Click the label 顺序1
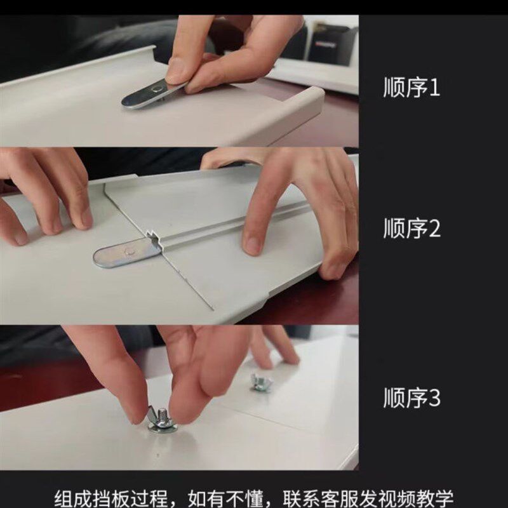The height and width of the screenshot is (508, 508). (x=411, y=88)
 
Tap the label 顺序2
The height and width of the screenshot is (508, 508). (x=411, y=229)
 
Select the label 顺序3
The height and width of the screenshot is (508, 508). (x=411, y=399)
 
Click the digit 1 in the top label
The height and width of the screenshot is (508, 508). (x=434, y=88)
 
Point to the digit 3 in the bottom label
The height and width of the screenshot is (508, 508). (x=434, y=399)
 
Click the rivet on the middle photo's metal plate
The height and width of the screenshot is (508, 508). (x=130, y=251)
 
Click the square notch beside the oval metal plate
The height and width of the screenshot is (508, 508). (x=154, y=239)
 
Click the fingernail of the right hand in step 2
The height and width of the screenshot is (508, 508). (x=253, y=244)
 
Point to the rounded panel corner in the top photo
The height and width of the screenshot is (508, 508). (x=314, y=102)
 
